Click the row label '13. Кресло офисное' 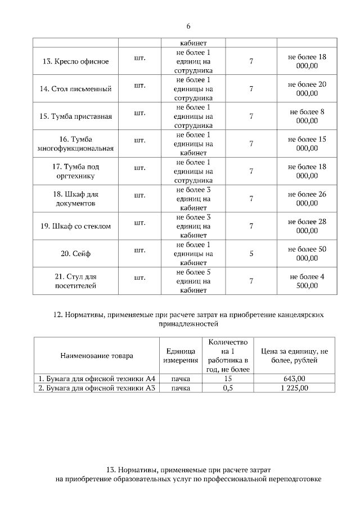click(x=75, y=61)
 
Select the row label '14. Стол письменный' click(x=75, y=88)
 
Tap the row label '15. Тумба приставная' click(x=75, y=116)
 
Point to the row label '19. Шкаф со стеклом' click(x=75, y=226)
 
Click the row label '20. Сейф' click(x=75, y=253)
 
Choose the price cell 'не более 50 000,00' click(x=307, y=253)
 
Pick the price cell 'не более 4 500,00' click(x=307, y=281)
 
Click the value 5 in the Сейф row click(x=251, y=253)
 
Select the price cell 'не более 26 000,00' click(x=307, y=199)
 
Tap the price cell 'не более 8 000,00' click(x=307, y=116)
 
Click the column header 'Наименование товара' click(x=94, y=356)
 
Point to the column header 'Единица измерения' click(x=181, y=356)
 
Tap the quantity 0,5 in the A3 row click(x=227, y=388)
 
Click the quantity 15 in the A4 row click(x=227, y=379)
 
